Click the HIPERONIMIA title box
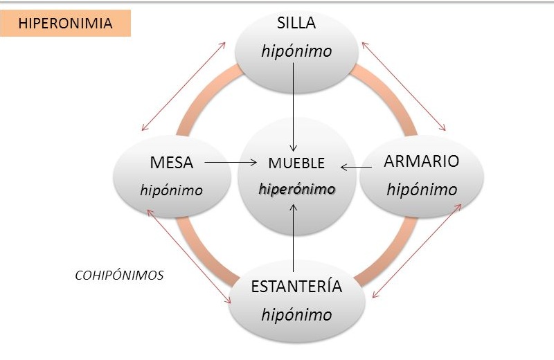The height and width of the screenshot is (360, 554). pos(66,23)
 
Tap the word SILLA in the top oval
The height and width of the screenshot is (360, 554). pos(296,23)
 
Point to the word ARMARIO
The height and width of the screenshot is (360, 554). pos(421,162)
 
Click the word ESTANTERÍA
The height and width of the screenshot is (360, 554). pos(296,287)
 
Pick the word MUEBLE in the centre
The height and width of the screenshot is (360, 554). pos(296,164)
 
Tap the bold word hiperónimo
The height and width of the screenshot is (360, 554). pos(296,189)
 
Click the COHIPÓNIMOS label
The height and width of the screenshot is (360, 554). pos(119,275)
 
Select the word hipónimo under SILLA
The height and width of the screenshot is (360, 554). pos(296,51)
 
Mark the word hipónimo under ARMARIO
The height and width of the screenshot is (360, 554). pos(422,190)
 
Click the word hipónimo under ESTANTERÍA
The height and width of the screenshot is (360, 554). pos(296,314)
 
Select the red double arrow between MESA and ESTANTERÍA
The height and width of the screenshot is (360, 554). pos(189,256)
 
